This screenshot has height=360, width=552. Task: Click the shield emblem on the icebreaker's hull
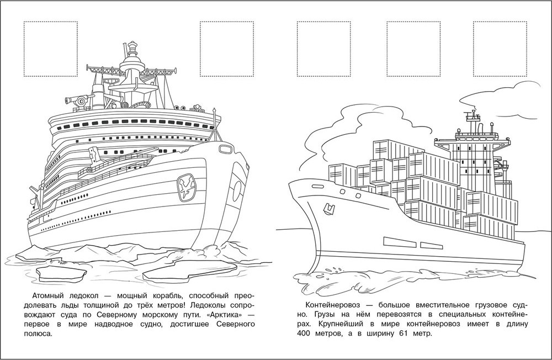click(187, 188)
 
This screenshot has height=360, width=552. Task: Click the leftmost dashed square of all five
click(50, 49)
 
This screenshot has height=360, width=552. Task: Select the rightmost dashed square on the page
click(500, 49)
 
